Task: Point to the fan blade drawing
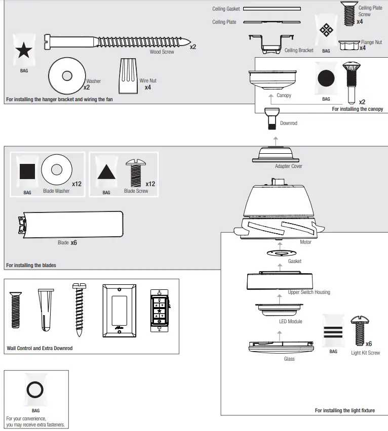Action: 70,223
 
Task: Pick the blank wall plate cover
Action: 120,310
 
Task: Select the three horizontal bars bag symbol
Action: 333,332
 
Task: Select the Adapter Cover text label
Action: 288,166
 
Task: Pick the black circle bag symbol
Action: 326,79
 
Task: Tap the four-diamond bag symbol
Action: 326,31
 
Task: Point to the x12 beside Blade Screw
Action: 150,184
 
